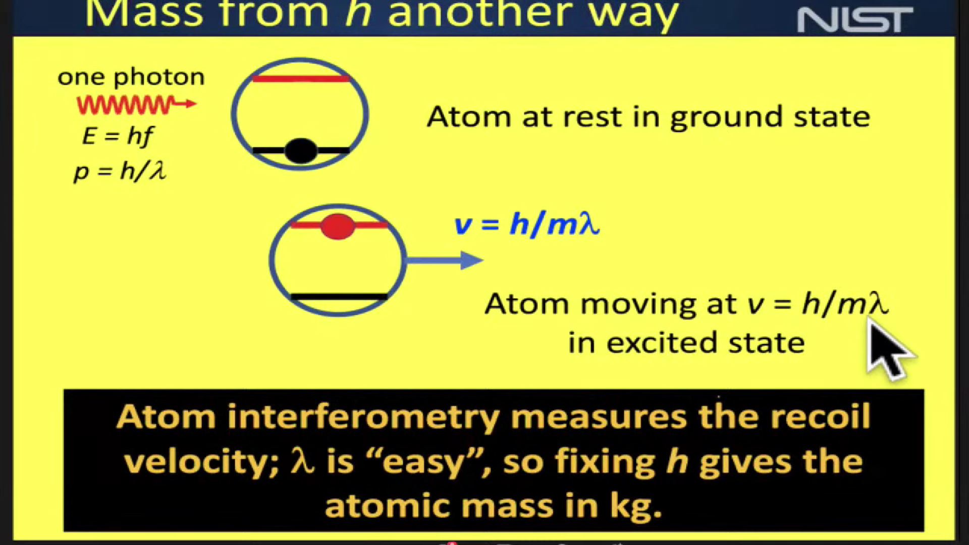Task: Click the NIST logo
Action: pos(855,20)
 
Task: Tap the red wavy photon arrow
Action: pos(136,105)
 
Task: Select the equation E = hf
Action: pos(118,136)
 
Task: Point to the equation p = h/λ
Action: pos(120,172)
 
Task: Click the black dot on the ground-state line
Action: pos(301,150)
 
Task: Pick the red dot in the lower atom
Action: pos(338,227)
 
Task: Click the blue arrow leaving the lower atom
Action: pos(445,260)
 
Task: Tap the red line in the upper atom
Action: pos(301,79)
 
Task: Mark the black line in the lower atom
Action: pos(339,297)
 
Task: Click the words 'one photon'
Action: pos(131,78)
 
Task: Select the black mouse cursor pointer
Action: pos(888,348)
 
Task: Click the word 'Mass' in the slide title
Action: pos(143,14)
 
